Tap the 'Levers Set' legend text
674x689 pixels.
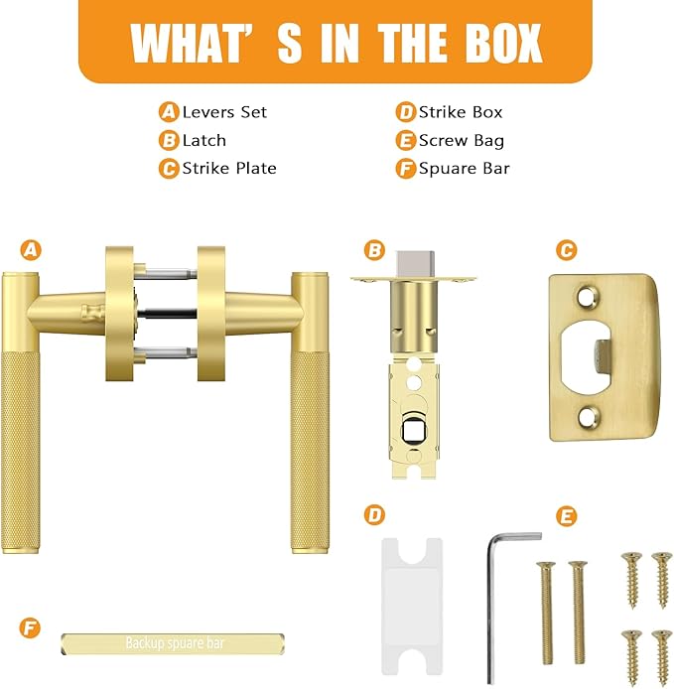224,112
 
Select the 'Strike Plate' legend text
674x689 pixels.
229,168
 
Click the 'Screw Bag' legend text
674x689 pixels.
461,140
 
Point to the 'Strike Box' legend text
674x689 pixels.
461,112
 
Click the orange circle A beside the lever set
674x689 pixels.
32,249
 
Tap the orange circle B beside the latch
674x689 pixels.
374,249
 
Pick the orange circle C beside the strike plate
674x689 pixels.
565,249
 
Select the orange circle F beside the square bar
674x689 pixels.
32,628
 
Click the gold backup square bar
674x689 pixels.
174,643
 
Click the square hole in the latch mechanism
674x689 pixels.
411,430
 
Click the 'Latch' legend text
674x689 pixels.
203,140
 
